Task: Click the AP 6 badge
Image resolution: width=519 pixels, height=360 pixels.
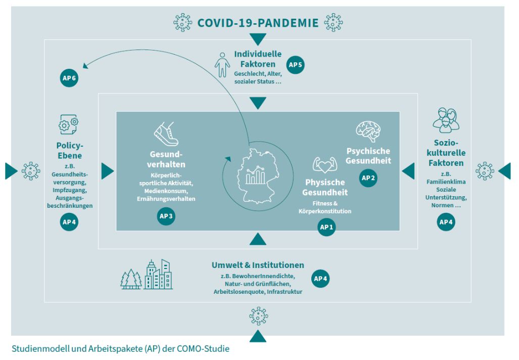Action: coord(69,78)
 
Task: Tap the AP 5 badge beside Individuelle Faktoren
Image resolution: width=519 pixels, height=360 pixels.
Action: coord(296,65)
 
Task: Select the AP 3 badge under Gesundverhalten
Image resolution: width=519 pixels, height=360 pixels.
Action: coord(166,216)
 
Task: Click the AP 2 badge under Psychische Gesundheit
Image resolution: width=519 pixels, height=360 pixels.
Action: coord(368,178)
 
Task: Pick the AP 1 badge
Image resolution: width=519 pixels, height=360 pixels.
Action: coord(326,228)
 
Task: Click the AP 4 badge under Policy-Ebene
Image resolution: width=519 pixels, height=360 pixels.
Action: coord(69,221)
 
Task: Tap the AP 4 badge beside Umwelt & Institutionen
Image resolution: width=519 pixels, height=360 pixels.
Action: coord(320,279)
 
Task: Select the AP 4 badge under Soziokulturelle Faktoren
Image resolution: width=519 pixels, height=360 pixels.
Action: coord(446,221)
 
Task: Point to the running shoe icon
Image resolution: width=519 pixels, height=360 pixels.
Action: coord(166,134)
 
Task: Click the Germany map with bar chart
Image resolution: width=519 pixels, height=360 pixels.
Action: coord(257,173)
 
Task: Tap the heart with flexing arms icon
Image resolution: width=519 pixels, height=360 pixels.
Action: coord(325,164)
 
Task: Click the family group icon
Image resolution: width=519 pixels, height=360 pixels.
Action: coord(446,120)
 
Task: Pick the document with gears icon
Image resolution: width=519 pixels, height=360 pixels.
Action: coord(69,124)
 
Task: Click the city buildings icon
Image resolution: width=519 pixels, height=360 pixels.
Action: coord(158,275)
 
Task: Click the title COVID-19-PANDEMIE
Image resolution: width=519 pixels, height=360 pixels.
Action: coord(258,23)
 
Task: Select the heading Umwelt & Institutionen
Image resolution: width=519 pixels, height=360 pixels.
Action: coord(258,265)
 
